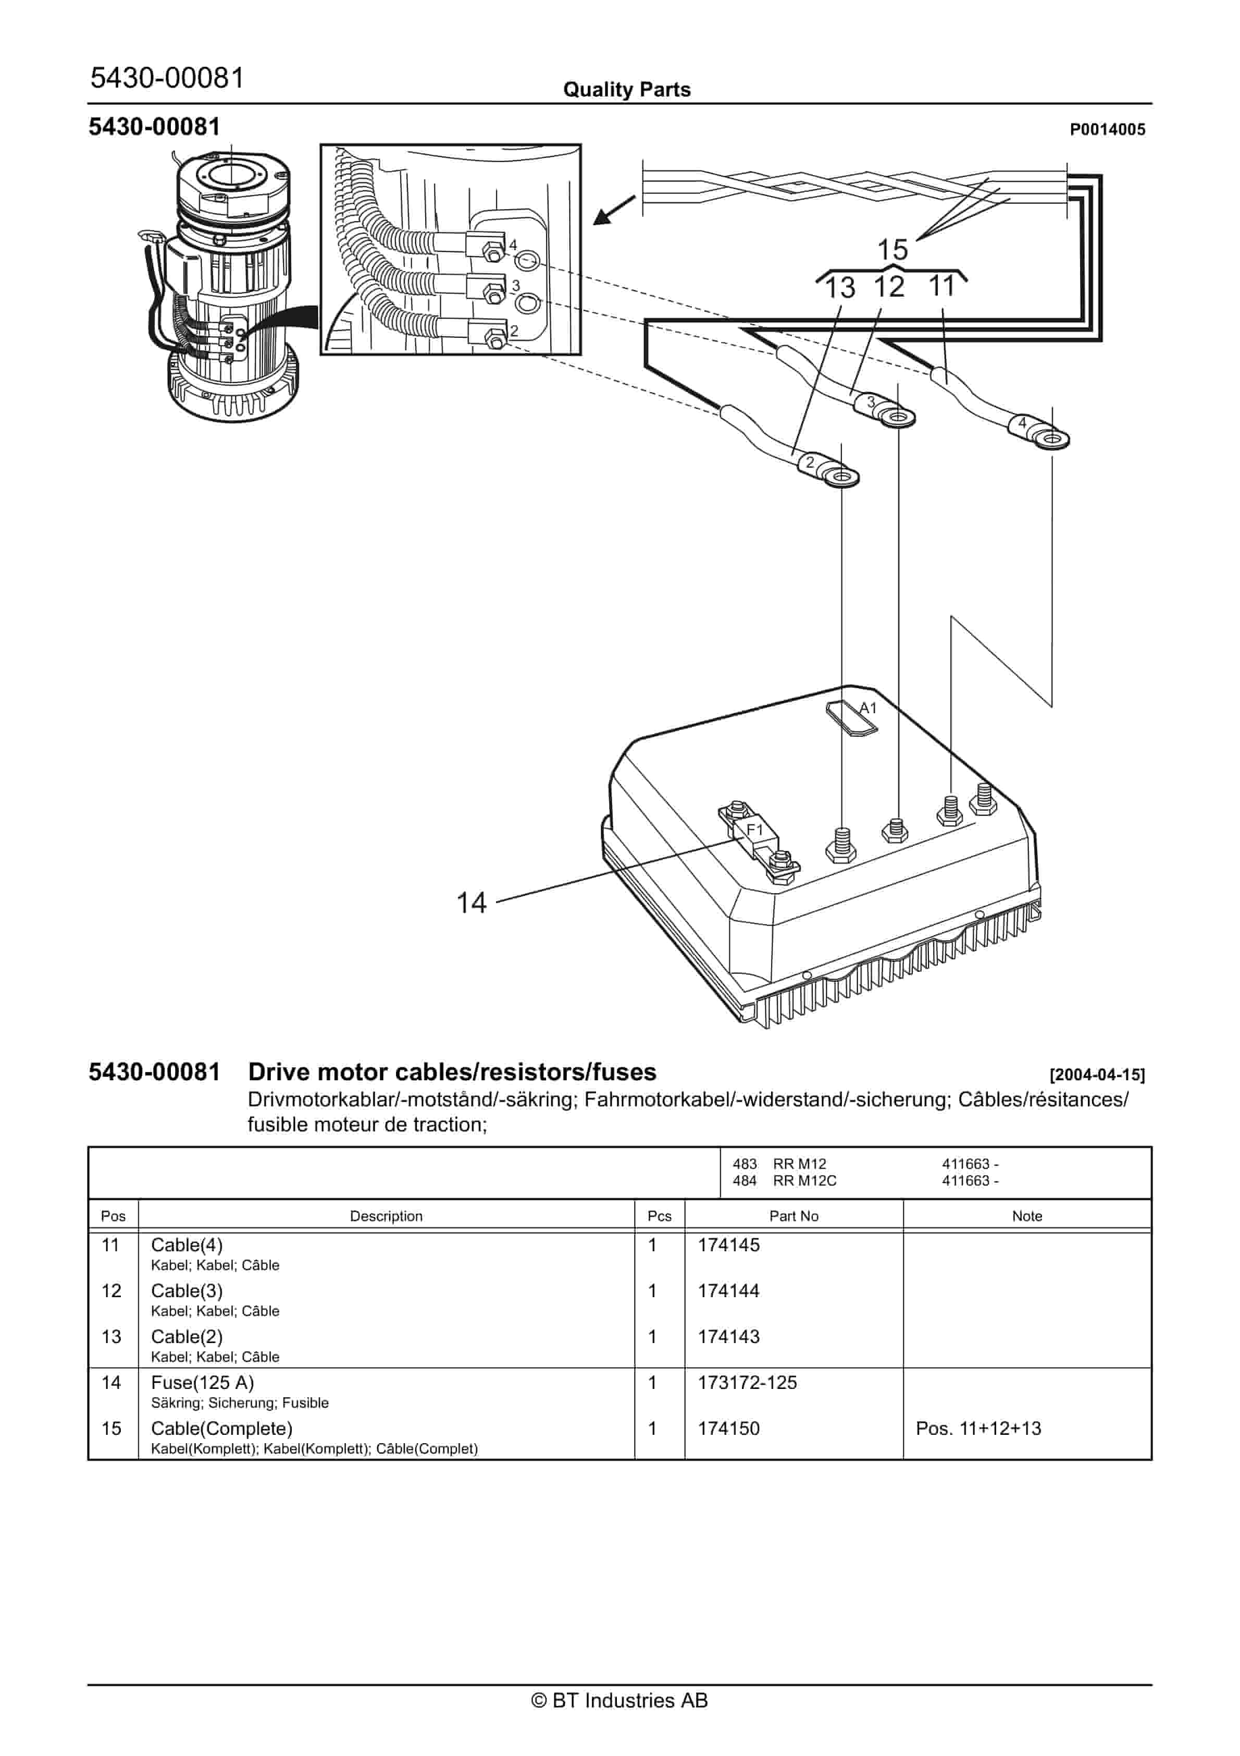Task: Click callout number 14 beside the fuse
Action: (471, 903)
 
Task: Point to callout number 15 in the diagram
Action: (891, 249)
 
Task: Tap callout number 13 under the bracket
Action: (839, 288)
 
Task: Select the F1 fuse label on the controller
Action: (754, 830)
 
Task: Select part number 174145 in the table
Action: (728, 1245)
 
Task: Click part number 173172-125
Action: (747, 1382)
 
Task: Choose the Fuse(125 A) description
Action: (203, 1382)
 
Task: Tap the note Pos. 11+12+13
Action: (978, 1428)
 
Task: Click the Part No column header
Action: (793, 1215)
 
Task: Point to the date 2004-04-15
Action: (1097, 1075)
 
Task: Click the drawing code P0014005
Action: (1107, 130)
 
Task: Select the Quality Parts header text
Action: (627, 90)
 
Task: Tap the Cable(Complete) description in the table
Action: (222, 1428)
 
